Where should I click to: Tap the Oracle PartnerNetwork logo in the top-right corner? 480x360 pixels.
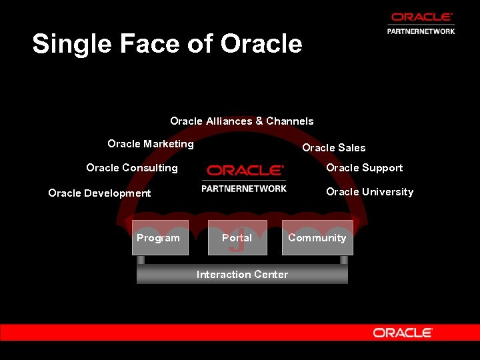pyautogui.click(x=421, y=23)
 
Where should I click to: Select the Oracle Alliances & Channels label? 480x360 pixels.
pyautogui.click(x=241, y=121)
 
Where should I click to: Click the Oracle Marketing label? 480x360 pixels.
pyautogui.click(x=151, y=143)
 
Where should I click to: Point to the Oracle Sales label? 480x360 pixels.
pyautogui.click(x=333, y=147)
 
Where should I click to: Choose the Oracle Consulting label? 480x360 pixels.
pyautogui.click(x=132, y=167)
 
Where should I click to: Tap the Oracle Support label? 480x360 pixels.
pyautogui.click(x=364, y=167)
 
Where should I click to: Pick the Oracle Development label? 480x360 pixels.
pyautogui.click(x=100, y=193)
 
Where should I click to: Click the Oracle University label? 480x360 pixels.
pyautogui.click(x=369, y=191)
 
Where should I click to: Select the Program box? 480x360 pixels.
pyautogui.click(x=159, y=238)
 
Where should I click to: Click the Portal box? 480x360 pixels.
pyautogui.click(x=237, y=238)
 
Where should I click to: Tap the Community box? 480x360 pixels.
pyautogui.click(x=317, y=238)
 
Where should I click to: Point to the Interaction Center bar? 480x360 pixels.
pyautogui.click(x=242, y=274)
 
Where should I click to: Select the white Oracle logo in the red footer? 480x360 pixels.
pyautogui.click(x=403, y=332)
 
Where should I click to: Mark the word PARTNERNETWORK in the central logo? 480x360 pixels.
pyautogui.click(x=244, y=189)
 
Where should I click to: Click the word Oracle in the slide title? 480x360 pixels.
pyautogui.click(x=261, y=44)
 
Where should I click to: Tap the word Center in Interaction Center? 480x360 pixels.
pyautogui.click(x=271, y=274)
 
